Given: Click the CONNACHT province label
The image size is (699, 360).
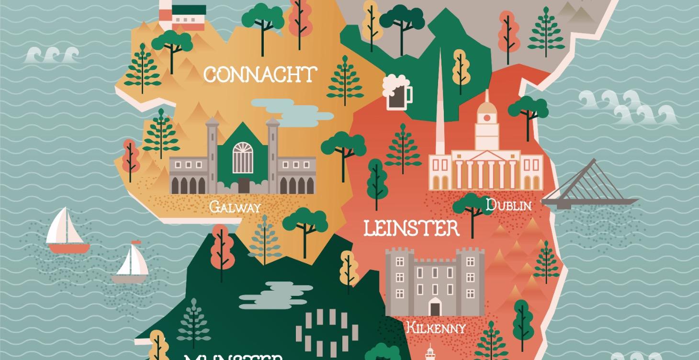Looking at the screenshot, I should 260,75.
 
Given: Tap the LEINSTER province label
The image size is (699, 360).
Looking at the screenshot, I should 411,228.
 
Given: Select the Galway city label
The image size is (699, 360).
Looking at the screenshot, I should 235,207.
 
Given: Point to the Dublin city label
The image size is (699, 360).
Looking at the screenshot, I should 508,205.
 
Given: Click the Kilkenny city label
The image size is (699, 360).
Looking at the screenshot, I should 436,328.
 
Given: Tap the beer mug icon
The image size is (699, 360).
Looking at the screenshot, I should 396,93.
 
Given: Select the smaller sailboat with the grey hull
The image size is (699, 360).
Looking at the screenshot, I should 130,263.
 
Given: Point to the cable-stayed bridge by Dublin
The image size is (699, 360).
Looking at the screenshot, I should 591,187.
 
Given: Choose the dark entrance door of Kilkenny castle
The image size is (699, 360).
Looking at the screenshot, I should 435,306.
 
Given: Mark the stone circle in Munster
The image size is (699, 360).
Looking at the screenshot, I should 327,330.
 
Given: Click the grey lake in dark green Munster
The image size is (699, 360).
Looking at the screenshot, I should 275,294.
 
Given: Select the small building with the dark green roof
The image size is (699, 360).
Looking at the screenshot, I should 189,17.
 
